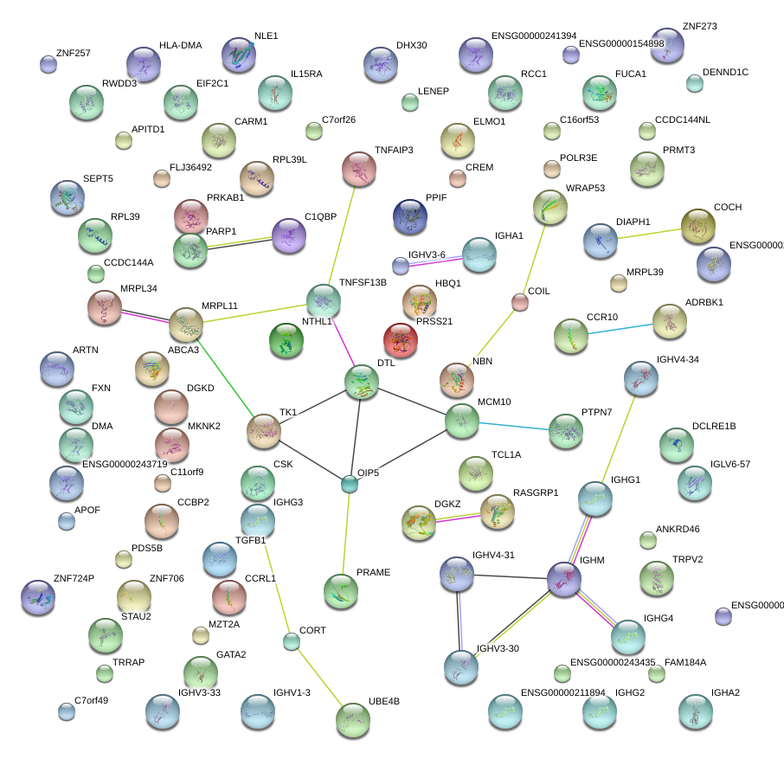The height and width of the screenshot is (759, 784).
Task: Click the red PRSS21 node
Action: click(x=401, y=341)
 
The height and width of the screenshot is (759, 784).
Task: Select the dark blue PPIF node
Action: click(x=410, y=217)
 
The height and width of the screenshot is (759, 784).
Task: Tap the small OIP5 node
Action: click(x=349, y=484)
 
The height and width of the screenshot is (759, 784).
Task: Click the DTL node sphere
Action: click(x=362, y=383)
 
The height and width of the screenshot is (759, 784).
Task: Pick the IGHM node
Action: click(x=564, y=579)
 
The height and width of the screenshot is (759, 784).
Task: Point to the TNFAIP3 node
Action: click(x=359, y=170)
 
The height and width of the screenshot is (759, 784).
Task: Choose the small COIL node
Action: click(x=519, y=302)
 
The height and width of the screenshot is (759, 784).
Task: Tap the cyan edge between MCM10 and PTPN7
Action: click(x=514, y=426)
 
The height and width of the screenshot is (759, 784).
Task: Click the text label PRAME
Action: click(x=373, y=573)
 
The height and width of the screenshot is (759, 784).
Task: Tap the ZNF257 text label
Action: click(x=73, y=52)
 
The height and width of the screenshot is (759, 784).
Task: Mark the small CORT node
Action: click(x=292, y=641)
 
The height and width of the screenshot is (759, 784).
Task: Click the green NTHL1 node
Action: click(x=286, y=341)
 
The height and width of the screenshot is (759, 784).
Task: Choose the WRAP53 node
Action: click(x=550, y=207)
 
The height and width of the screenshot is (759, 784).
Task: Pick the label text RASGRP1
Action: click(x=536, y=492)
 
